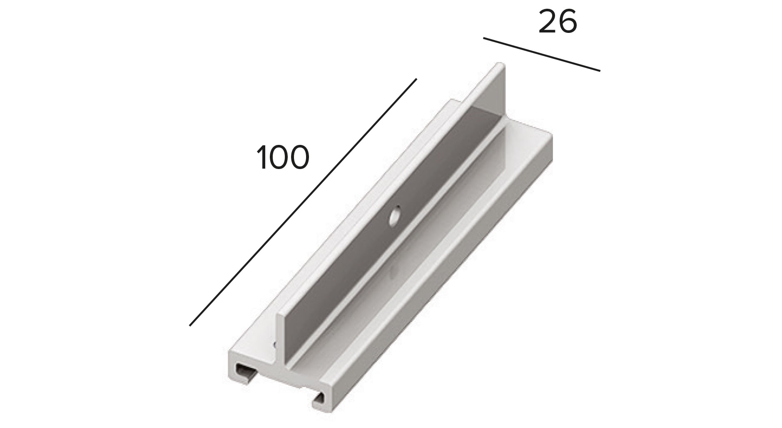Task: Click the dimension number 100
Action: pos(283,157)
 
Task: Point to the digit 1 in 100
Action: pos(262,157)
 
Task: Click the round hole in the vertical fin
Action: pos(393,217)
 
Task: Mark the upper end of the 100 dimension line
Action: pos(416,79)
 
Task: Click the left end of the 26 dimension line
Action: pos(484,39)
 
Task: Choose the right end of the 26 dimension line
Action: pos(600,71)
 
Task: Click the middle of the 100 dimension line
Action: pos(303,202)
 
